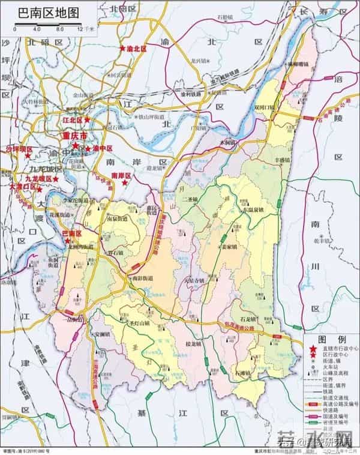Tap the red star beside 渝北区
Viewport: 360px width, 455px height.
point(123,47)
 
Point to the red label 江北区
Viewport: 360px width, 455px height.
point(74,121)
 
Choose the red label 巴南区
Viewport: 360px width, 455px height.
point(72,233)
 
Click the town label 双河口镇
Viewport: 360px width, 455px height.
point(264,107)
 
